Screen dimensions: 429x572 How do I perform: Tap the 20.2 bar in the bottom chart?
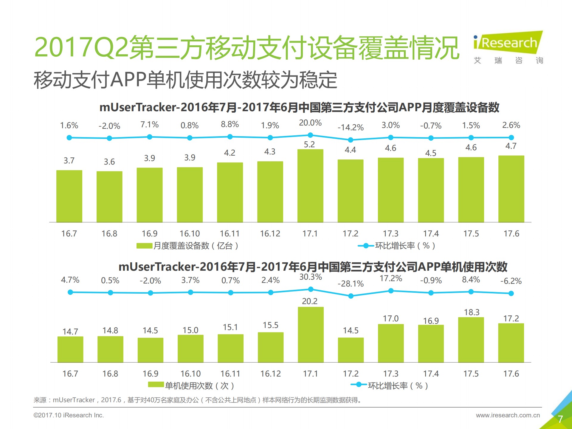point(311,334)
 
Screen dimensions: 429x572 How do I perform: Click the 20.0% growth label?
point(310,123)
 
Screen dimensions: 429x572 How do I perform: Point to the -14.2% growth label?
point(351,128)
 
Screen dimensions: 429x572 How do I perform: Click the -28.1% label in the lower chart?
point(351,284)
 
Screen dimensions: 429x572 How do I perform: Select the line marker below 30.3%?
point(311,289)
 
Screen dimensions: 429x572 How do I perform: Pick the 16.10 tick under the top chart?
point(190,233)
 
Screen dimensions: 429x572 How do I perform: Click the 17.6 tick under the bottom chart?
point(511,374)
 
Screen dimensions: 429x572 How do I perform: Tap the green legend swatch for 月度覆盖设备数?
point(144,246)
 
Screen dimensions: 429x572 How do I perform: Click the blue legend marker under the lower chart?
point(359,385)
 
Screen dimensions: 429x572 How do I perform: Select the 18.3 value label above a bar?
point(472,312)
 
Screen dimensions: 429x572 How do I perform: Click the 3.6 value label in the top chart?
point(109,162)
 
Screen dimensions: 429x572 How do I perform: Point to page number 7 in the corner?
point(560,419)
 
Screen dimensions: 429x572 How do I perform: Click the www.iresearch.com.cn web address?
point(508,415)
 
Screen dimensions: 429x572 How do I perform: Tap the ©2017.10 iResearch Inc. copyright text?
point(69,415)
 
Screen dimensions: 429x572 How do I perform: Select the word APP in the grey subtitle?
point(128,80)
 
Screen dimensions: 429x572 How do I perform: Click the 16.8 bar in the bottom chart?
point(110,349)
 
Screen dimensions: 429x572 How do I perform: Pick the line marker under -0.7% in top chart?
point(431,138)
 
